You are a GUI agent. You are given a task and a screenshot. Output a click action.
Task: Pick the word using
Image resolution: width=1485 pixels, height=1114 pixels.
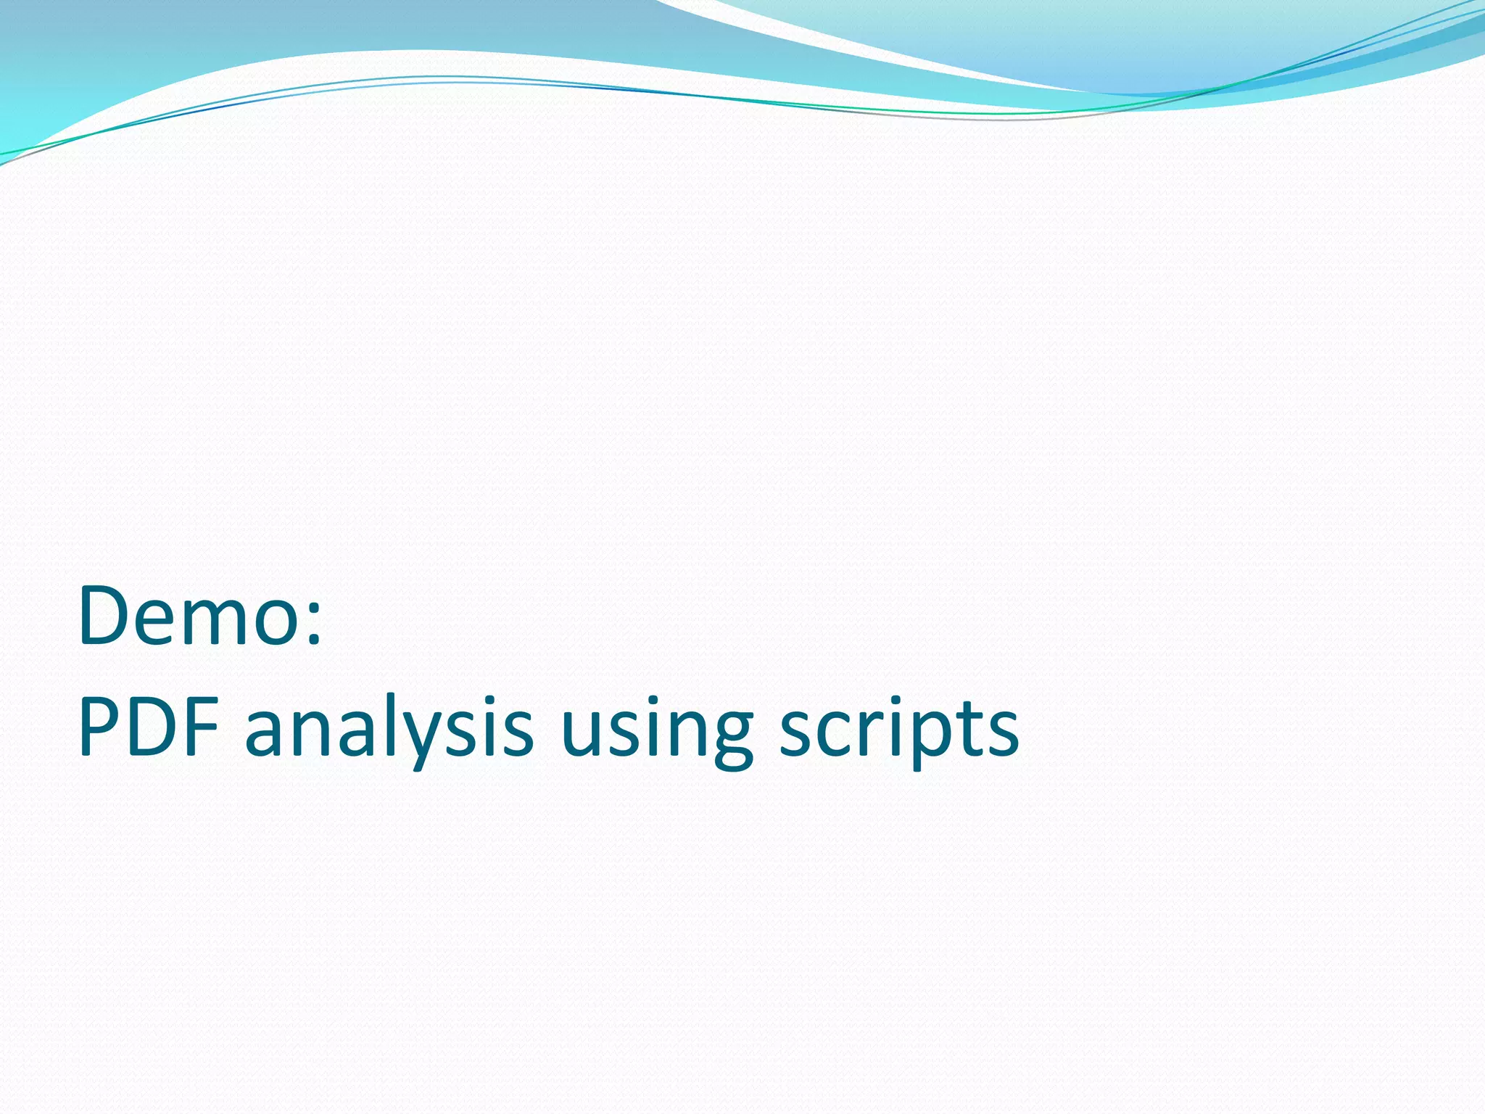point(656,729)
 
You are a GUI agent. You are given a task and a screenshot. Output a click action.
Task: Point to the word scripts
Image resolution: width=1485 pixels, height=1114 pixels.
point(899,729)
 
